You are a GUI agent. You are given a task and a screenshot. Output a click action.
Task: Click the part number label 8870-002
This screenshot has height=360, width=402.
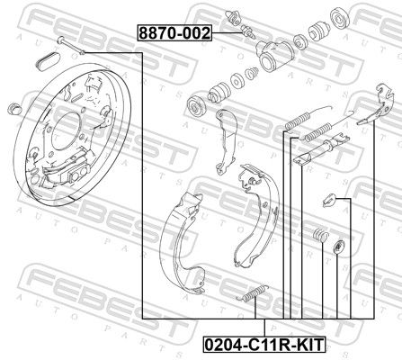174,33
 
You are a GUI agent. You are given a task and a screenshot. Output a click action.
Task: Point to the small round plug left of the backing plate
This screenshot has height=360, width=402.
13,109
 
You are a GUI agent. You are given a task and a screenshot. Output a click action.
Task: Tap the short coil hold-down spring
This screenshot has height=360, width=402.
317,236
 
